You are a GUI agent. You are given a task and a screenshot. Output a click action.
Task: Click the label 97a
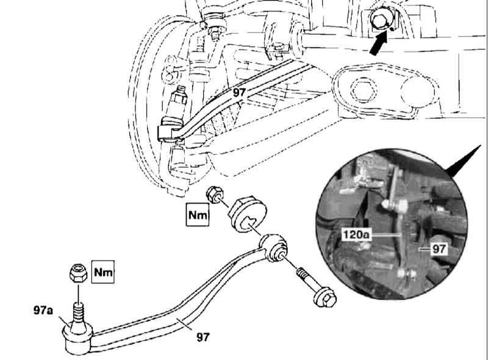tap(43, 310)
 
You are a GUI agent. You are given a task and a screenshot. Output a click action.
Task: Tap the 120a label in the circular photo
tap(356, 234)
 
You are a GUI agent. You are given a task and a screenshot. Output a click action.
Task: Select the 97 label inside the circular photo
tap(439, 249)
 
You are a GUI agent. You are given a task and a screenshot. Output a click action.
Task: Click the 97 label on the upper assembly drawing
tap(239, 92)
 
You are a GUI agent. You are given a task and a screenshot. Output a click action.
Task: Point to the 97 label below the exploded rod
tap(203, 337)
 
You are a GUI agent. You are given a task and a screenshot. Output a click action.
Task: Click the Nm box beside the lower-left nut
tap(103, 272)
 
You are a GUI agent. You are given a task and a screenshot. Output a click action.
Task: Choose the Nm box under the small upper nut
tap(198, 215)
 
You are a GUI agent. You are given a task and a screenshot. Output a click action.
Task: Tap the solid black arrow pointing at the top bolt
tap(379, 43)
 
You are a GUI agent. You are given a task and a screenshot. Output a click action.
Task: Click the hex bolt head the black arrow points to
tap(379, 20)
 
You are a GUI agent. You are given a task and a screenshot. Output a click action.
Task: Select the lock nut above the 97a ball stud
tap(78, 273)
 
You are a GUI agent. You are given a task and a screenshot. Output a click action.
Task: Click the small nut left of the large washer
tap(215, 194)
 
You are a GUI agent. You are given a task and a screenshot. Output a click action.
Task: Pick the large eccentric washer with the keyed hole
tap(247, 215)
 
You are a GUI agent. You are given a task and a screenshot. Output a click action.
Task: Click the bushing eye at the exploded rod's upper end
tap(273, 248)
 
